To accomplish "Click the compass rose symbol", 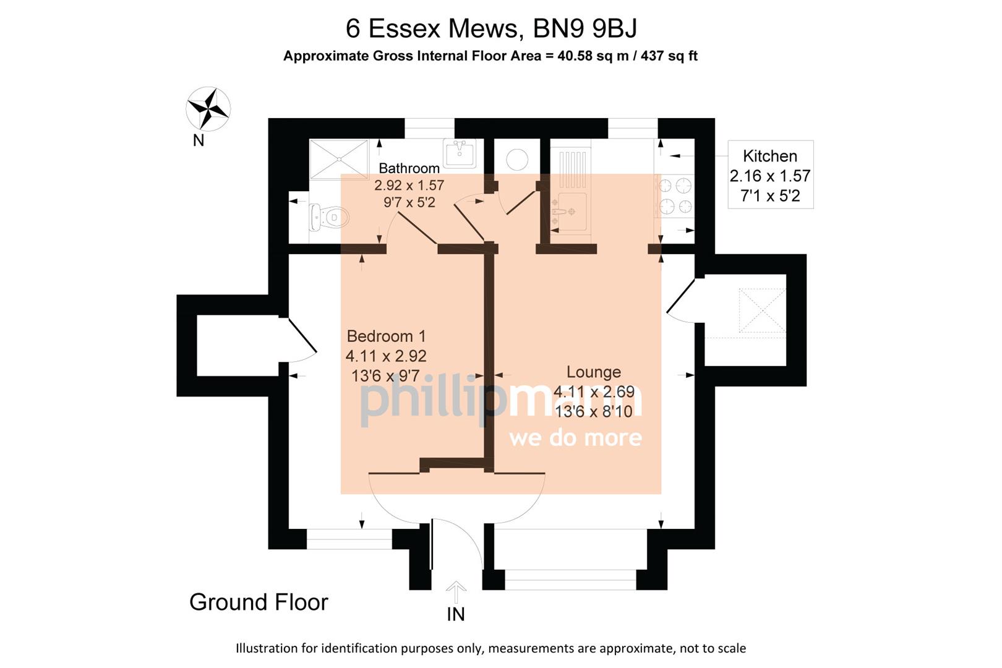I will point(208,108).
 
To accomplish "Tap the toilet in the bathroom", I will point(329,217).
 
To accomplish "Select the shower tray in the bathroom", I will point(338,159).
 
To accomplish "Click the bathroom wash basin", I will point(459,153).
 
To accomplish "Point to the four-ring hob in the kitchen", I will point(675,195).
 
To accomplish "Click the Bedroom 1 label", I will point(386,336).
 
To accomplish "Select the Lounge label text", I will point(593,372).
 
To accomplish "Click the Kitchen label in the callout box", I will point(769,156).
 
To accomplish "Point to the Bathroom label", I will point(409,168).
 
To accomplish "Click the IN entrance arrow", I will point(456,593).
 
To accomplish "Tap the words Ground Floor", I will point(259,602).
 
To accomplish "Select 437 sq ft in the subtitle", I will point(669,56).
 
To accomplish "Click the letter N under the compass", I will point(199,140).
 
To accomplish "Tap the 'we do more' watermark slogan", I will point(575,438).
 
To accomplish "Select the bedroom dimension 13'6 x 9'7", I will point(385,375).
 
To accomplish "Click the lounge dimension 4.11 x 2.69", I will point(593,392).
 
